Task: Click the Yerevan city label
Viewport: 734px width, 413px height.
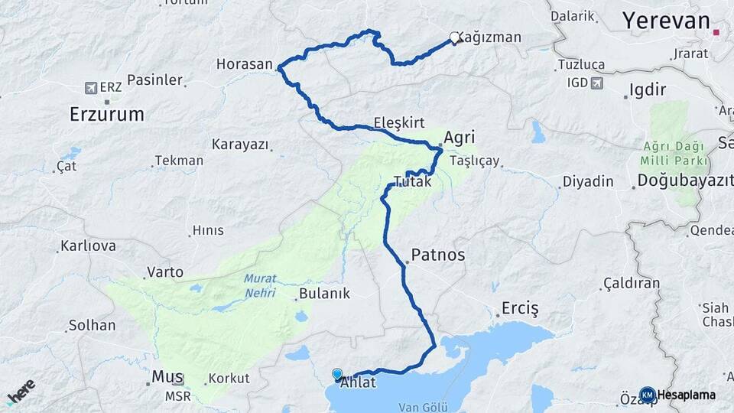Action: point(666,21)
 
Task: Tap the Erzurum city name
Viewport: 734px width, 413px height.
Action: point(106,115)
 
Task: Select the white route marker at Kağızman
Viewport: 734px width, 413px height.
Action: point(455,37)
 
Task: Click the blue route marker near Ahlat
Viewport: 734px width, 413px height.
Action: point(338,374)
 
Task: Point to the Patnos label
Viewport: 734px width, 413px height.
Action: point(437,255)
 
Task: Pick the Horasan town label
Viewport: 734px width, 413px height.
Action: point(244,64)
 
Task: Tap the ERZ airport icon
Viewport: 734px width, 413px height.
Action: point(93,87)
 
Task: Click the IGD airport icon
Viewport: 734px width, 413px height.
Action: point(597,83)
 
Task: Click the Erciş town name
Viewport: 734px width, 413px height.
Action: point(520,308)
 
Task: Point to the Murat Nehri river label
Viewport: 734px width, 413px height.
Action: point(260,285)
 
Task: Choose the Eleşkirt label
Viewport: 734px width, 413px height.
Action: point(399,122)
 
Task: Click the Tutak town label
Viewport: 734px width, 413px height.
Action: point(412,183)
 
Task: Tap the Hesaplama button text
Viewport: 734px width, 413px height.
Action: point(686,395)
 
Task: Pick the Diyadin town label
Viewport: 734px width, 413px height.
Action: point(588,181)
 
